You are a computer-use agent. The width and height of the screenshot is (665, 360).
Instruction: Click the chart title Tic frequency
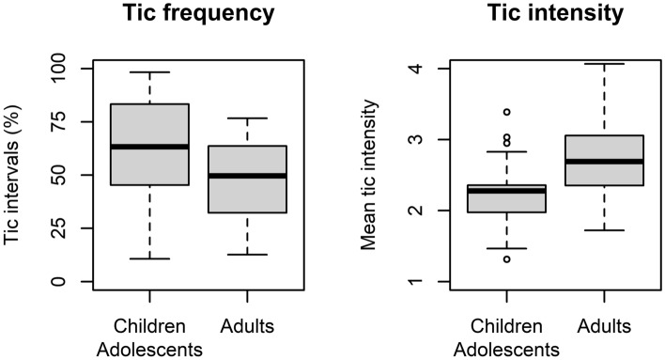coord(198,16)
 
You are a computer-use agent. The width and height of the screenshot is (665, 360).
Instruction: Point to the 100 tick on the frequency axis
coord(65,69)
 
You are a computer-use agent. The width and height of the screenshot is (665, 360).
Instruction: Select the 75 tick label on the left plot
coord(65,122)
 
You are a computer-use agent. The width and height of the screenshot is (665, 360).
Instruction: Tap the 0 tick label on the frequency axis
coord(65,281)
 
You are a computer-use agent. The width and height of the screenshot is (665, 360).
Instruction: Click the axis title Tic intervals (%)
coord(17,176)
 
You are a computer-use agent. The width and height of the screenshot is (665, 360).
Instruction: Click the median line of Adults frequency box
coord(247,176)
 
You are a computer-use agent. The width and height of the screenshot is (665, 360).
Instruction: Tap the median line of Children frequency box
coord(149,147)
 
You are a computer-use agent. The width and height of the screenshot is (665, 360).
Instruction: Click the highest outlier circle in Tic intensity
coord(506,112)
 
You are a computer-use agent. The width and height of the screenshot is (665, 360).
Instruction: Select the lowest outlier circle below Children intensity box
coord(506,258)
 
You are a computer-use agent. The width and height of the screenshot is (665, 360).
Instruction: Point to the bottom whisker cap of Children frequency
coord(149,258)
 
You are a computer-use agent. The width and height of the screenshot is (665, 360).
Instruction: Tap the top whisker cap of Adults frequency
coord(247,118)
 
